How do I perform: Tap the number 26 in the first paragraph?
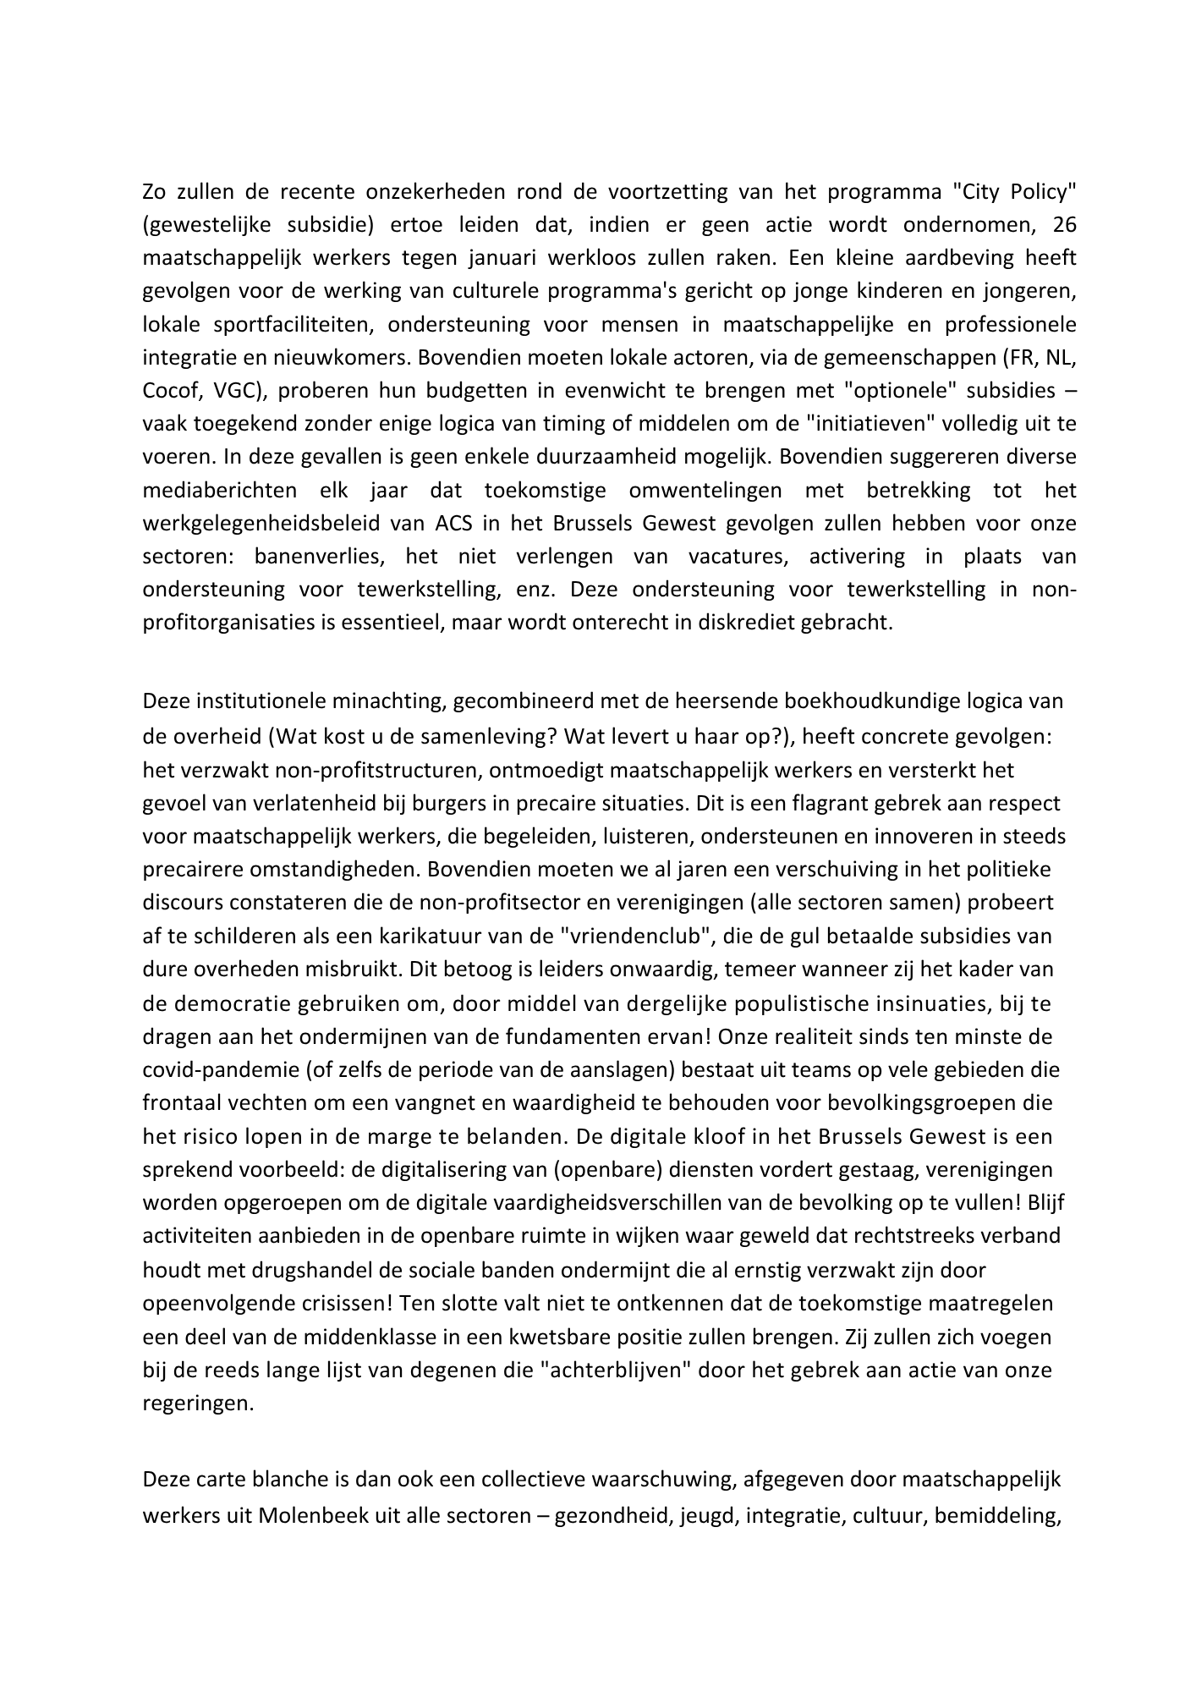[x=1065, y=224]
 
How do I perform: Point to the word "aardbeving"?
[x=952, y=257]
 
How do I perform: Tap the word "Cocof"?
[x=170, y=390]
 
